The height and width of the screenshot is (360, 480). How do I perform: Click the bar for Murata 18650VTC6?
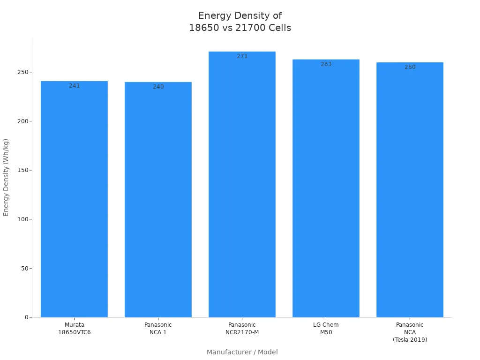coord(74,199)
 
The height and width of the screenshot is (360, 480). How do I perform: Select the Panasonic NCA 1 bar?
coord(158,200)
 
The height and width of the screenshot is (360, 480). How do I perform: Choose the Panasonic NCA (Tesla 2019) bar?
coord(410,190)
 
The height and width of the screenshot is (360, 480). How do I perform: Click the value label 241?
coord(75,86)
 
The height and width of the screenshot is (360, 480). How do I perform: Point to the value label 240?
coord(158,87)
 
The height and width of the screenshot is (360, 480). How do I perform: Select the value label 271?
coord(242,56)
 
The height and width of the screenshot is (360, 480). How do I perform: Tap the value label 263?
coord(326,64)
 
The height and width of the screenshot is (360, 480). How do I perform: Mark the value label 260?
coord(410,67)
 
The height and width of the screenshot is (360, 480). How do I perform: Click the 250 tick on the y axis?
coord(22,72)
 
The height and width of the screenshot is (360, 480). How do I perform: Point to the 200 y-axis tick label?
coord(22,121)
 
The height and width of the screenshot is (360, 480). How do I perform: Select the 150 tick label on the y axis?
coord(22,170)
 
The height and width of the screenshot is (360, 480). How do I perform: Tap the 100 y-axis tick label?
coord(22,219)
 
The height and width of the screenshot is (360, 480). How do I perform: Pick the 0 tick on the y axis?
coord(27,317)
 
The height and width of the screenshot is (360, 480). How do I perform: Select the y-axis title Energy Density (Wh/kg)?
coord(6,177)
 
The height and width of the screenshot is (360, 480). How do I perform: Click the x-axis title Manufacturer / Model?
coord(242,352)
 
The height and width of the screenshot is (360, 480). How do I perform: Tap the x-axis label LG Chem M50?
coord(326,329)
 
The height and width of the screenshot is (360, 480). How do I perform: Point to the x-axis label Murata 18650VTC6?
coord(75,329)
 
